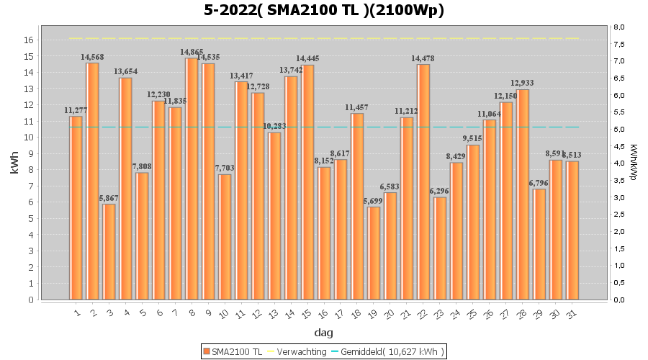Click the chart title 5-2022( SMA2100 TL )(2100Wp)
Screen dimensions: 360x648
pos(324,10)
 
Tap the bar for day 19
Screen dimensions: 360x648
pos(373,253)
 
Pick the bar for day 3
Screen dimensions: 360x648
pos(109,251)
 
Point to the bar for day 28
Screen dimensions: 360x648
pos(523,194)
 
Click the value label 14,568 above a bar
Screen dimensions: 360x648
pos(93,57)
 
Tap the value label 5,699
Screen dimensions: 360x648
pos(373,201)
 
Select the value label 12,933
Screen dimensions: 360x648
pos(523,84)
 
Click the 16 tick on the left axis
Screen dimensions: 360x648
pos(28,40)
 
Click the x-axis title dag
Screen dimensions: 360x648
pos(324,333)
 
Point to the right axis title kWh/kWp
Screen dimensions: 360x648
pos(633,163)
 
